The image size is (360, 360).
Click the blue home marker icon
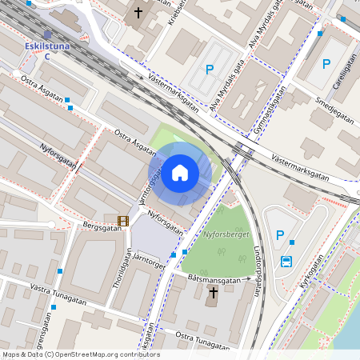tap(180, 173)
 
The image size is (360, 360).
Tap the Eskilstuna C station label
tap(46, 50)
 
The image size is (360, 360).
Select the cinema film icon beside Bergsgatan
tap(122, 221)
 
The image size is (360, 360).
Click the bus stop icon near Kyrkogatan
tap(286, 261)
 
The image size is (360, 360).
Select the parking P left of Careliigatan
tap(326, 64)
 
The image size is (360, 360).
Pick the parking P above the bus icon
tap(279, 235)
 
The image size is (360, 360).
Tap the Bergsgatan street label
tap(102, 227)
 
